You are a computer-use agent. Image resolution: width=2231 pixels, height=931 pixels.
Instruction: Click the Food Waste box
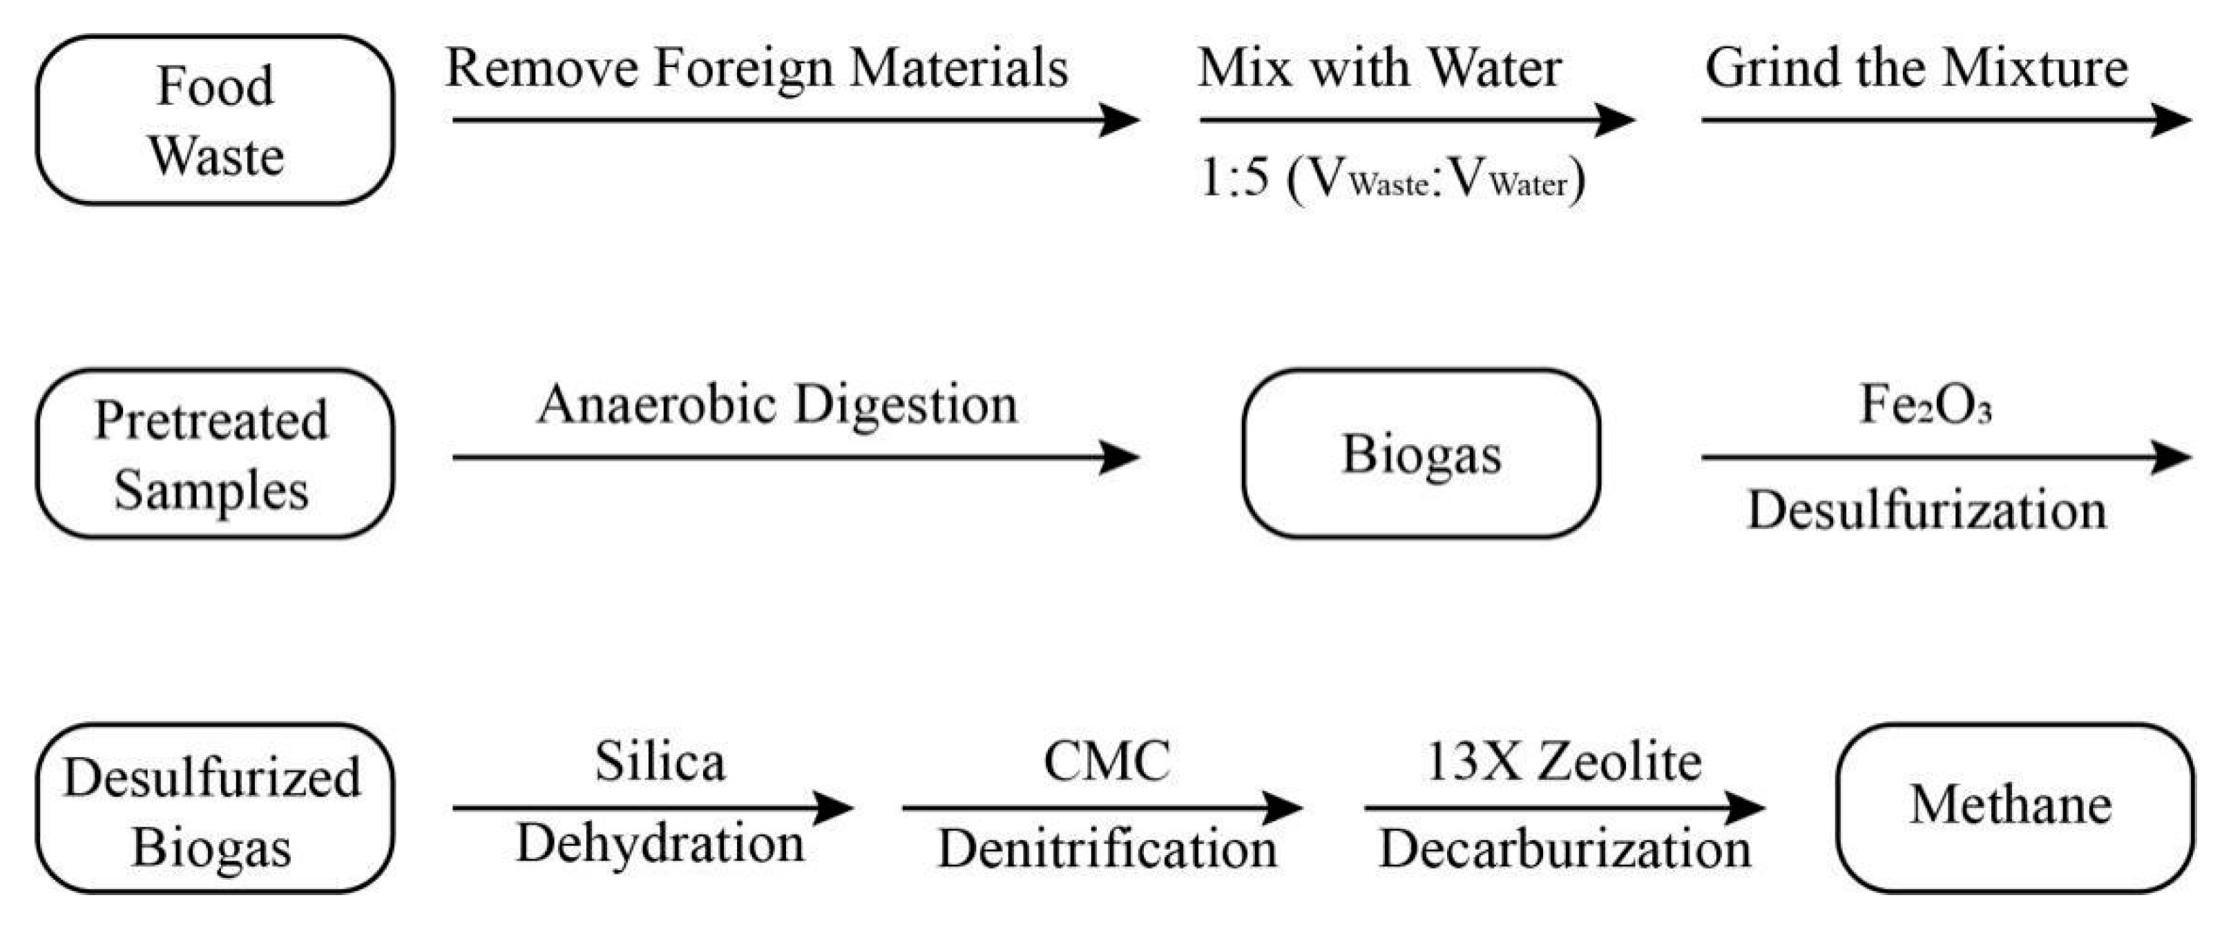pos(215,120)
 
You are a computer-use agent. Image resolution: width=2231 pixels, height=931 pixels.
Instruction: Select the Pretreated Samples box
pos(215,454)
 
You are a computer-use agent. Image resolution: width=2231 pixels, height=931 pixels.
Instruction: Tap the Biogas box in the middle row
pos(1420,454)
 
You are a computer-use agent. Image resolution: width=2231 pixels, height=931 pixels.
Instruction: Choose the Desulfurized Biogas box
pos(215,808)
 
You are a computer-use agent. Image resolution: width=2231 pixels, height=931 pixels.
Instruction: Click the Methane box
pos(2015,808)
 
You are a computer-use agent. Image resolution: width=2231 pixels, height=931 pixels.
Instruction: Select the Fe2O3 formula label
pos(1924,405)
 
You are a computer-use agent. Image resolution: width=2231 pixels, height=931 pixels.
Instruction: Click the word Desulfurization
pos(1926,509)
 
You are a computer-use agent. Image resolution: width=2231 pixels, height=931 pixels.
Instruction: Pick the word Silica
pos(660,762)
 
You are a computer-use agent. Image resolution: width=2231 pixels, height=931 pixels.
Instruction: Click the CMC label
pos(1106,762)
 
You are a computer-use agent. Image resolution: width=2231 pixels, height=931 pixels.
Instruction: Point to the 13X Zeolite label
pos(1562,762)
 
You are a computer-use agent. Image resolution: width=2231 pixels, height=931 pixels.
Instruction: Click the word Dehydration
pos(660,843)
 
